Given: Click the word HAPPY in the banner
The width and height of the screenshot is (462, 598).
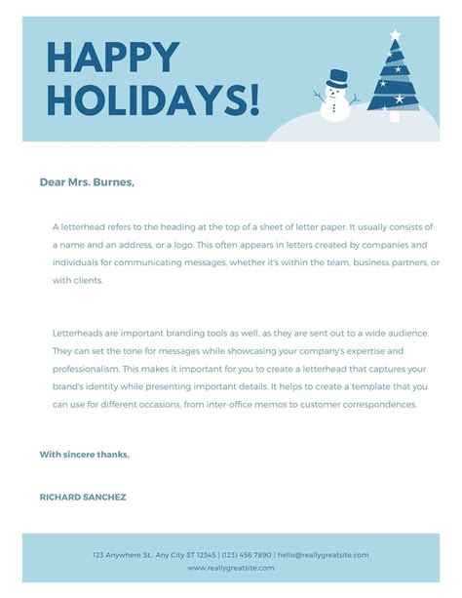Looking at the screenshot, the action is [113, 58].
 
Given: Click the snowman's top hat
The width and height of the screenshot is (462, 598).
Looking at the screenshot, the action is [337, 77].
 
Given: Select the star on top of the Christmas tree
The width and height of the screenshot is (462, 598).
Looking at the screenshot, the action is [395, 36].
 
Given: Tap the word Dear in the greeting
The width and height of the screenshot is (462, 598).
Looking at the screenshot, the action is [53, 181].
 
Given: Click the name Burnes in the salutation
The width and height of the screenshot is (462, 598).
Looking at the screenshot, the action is [111, 181].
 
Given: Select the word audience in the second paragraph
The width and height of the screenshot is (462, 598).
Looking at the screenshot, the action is [418, 332].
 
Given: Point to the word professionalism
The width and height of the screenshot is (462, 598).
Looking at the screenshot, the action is [87, 369].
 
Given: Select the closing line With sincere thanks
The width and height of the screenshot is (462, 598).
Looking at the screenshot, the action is [84, 454].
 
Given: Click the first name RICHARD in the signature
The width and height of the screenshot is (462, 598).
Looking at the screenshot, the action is [61, 497].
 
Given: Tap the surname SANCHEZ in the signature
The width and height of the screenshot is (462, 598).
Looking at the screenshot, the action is [106, 497].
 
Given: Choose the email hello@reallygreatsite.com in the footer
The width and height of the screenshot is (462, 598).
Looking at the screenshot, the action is [323, 554].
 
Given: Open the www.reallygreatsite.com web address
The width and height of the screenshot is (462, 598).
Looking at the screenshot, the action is [231, 567].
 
